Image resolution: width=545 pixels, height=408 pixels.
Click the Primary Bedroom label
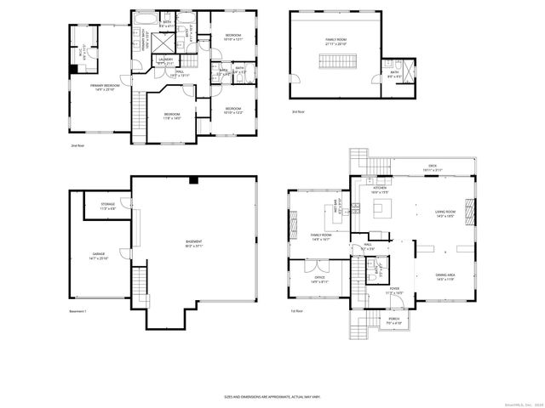tap(105, 86)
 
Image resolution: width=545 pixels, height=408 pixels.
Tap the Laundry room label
tap(165, 60)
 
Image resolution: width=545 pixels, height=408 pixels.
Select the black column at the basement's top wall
tap(194, 180)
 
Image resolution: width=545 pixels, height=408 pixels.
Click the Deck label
tap(433, 169)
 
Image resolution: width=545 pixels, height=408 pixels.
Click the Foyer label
tap(395, 291)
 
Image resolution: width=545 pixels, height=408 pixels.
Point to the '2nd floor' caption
tap(77, 145)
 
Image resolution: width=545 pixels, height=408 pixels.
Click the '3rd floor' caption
tap(297, 111)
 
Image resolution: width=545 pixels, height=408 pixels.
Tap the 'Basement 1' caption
tap(79, 313)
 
